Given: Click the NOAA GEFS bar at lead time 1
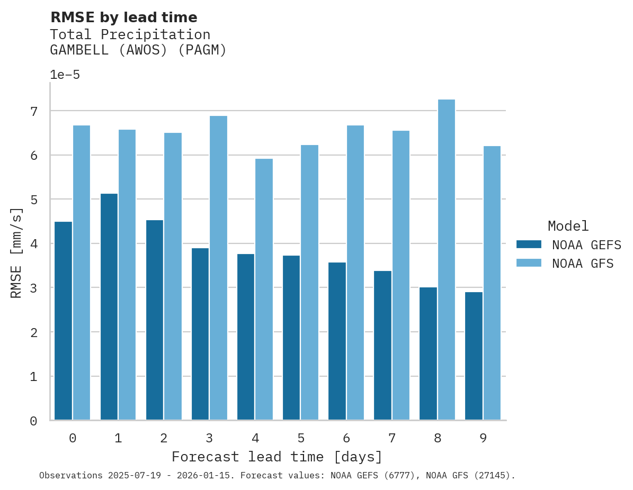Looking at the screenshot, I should [109, 307].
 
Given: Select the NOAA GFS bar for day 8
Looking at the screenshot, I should [447, 260].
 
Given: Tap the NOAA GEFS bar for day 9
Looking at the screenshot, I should [474, 356].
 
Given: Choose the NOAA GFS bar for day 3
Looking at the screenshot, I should [218, 268].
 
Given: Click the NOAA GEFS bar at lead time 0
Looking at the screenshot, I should [63, 321].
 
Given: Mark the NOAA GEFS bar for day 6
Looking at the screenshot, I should [337, 341].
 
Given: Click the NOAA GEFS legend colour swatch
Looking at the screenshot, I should [529, 244].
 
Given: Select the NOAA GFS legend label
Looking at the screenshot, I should [583, 264].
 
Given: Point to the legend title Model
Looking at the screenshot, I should [568, 226].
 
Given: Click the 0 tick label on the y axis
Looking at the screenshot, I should [33, 421].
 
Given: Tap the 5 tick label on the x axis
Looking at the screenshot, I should [301, 438].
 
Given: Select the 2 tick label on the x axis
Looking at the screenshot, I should [164, 438].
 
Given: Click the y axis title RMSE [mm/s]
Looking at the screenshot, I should [17, 253].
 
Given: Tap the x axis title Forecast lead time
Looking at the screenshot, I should [277, 457].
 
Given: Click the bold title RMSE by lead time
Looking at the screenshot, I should [123, 17].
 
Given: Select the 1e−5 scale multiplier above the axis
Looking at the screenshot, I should [65, 75].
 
